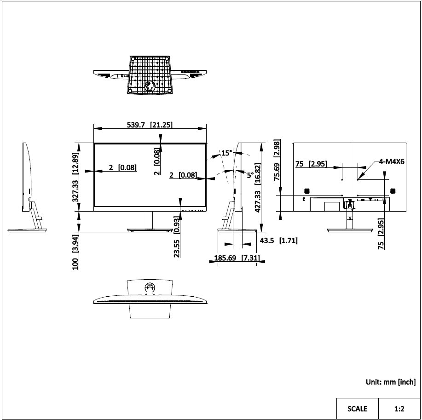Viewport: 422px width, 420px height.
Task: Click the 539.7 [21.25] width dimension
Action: [149, 125]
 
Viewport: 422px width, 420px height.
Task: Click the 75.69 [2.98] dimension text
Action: [277, 161]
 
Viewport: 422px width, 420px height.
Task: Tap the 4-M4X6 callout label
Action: [392, 161]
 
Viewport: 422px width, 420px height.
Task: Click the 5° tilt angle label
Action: [249, 175]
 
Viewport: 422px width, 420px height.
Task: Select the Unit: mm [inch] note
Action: [391, 381]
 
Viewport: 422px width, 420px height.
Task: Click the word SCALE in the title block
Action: [357, 408]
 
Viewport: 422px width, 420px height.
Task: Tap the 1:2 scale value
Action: [399, 408]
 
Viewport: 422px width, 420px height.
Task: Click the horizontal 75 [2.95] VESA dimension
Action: [311, 164]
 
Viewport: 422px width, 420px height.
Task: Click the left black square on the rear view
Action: [306, 190]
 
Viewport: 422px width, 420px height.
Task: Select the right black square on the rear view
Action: [393, 190]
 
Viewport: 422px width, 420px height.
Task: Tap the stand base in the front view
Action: [150, 229]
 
